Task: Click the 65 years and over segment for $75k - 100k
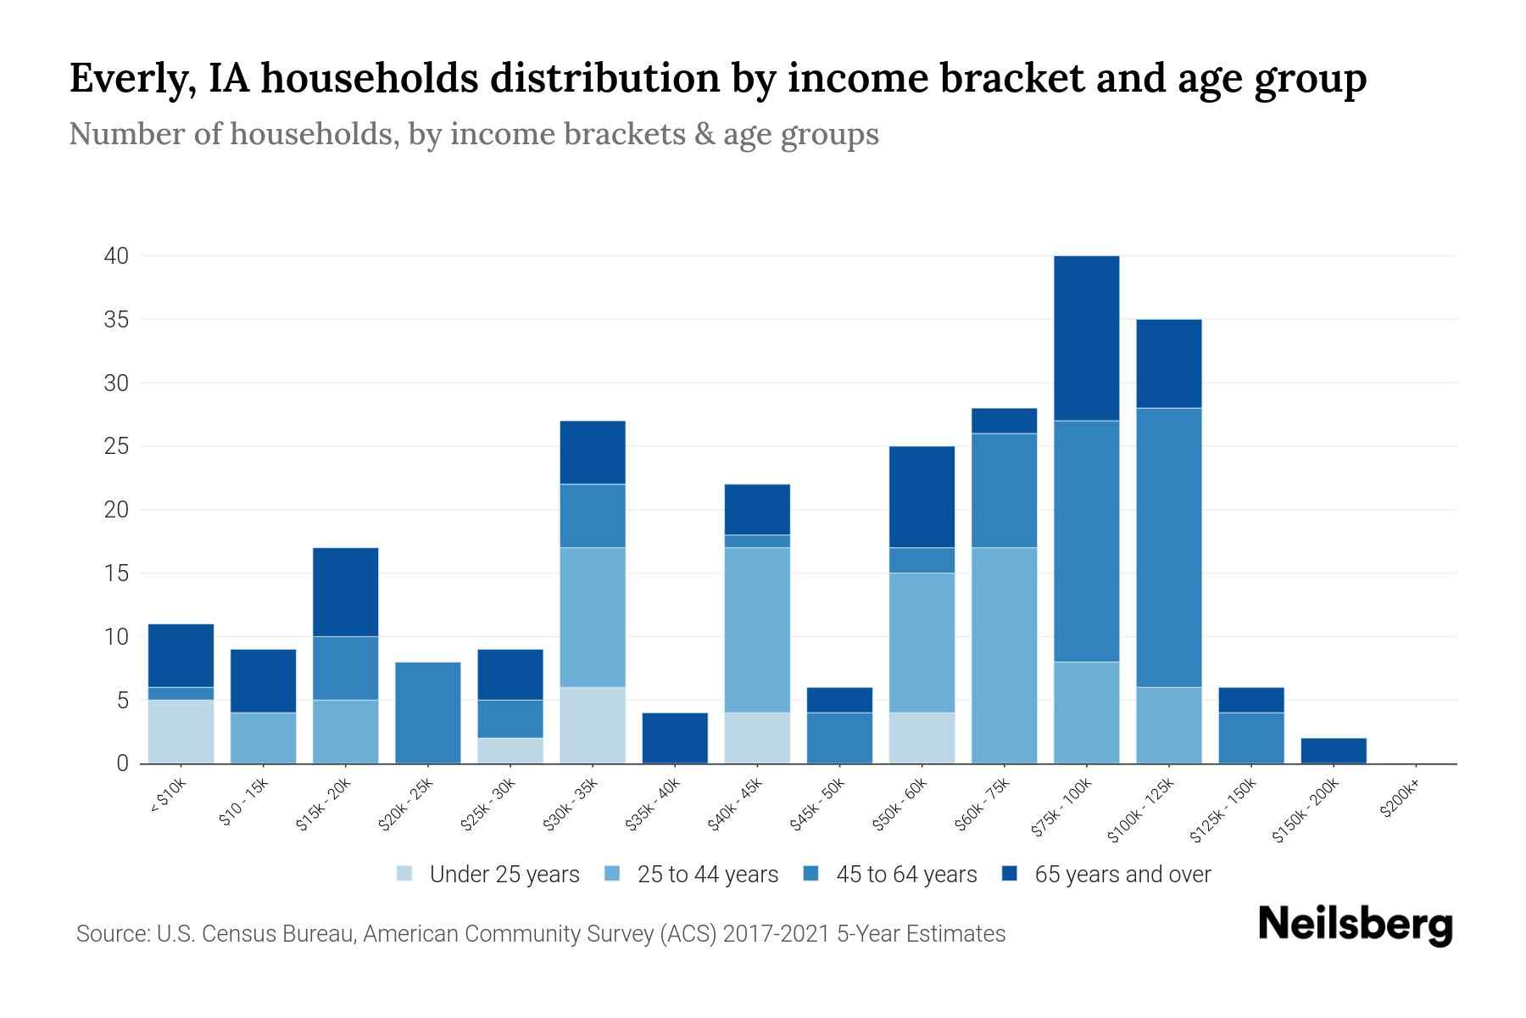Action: [x=1086, y=338]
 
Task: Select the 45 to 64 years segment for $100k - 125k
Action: [x=1168, y=547]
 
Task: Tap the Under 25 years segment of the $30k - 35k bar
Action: [x=593, y=725]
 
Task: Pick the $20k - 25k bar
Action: [x=428, y=713]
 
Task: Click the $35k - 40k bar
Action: [x=675, y=738]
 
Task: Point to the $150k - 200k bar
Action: [x=1334, y=751]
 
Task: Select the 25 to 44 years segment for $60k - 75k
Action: [x=1004, y=655]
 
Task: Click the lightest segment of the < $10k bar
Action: [x=181, y=731]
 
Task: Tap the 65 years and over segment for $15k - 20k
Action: [x=345, y=592]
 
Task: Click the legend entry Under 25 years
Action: [x=504, y=875]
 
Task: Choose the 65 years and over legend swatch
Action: [x=1010, y=874]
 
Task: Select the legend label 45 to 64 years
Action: [x=906, y=875]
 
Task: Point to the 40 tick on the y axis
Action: [x=116, y=256]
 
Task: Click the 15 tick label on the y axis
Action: [x=116, y=573]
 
